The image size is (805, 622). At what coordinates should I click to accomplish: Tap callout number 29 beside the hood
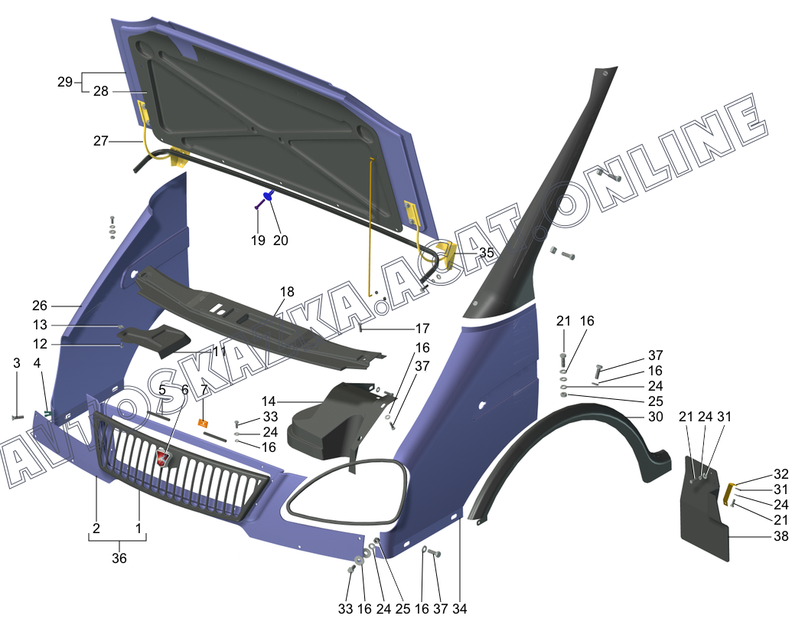64,82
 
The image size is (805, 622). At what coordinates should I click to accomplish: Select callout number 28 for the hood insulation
101,91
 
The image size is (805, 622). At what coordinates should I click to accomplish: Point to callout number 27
101,141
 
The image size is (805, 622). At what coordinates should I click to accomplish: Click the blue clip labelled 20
269,196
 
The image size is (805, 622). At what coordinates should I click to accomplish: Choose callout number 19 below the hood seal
258,240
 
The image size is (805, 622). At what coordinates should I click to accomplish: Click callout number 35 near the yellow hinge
487,252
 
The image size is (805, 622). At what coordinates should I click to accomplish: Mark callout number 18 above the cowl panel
286,292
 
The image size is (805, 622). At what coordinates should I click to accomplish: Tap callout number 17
422,329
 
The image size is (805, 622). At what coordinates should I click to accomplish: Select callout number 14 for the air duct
268,401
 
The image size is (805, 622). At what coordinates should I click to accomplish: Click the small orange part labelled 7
204,423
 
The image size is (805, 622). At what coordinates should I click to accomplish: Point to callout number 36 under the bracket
119,558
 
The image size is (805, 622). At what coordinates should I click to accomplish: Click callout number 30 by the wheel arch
655,417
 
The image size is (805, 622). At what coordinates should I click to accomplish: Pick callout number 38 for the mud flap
781,536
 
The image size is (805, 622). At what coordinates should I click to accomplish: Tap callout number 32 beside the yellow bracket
781,473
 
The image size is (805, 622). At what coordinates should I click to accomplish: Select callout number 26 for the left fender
40,305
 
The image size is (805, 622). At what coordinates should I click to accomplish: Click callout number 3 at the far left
17,362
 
